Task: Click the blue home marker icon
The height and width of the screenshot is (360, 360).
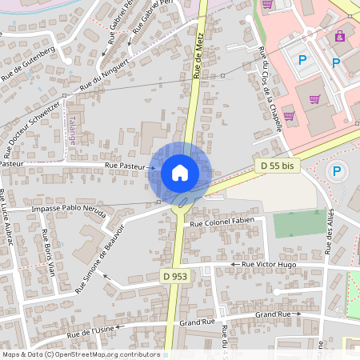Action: (180, 173)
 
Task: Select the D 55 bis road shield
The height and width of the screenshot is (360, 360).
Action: (275, 166)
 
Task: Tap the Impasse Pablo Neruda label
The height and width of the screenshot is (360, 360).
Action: (68, 207)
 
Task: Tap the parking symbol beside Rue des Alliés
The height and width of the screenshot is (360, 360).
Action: (337, 170)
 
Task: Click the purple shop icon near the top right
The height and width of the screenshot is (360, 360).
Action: (340, 36)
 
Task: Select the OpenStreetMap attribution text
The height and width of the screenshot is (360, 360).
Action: (81, 354)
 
